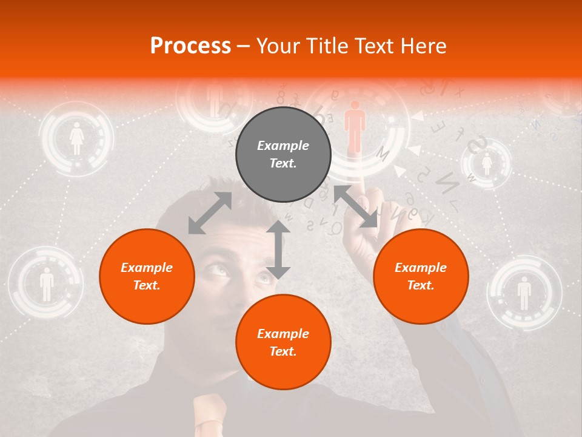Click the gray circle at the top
pos(283,154)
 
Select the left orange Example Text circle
pos(147,276)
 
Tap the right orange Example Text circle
pos(421,276)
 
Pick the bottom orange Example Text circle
pos(283,342)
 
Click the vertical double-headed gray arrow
pos(278,249)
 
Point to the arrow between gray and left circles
pos(210,213)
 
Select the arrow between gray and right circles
pos(356,206)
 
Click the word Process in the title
pos(190,46)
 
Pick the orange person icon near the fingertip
pos(355,126)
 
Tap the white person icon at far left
pos(47,284)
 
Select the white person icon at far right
pos(524,293)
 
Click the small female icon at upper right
pos(486,164)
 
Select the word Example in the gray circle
pos(283,146)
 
